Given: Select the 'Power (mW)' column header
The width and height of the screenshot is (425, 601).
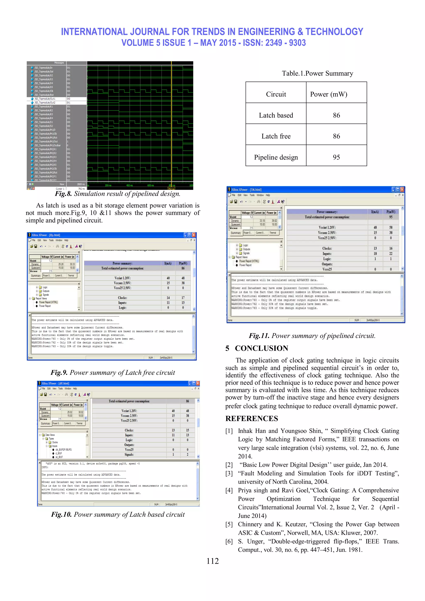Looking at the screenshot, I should (x=329, y=94).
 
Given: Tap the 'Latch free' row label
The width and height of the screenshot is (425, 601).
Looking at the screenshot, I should (x=276, y=136).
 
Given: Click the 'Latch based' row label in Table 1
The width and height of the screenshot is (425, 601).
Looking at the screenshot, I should (x=276, y=115).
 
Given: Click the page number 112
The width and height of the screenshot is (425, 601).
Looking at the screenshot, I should (x=212, y=561).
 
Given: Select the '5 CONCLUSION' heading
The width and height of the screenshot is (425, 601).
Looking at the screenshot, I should (x=257, y=348).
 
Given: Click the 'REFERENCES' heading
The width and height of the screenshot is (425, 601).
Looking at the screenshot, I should (x=252, y=419).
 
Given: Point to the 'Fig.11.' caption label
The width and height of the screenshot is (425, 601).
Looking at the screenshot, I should (x=259, y=336).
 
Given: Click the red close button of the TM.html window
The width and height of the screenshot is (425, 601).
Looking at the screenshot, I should (x=402, y=189).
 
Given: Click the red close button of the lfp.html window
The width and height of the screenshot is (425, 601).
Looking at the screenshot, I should (x=194, y=235).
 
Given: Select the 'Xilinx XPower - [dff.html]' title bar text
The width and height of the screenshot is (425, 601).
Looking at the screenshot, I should (x=55, y=383).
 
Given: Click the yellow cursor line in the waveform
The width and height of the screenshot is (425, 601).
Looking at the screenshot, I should (x=171, y=123).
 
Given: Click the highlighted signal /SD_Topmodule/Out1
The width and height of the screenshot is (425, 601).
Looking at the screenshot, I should (x=47, y=99).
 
